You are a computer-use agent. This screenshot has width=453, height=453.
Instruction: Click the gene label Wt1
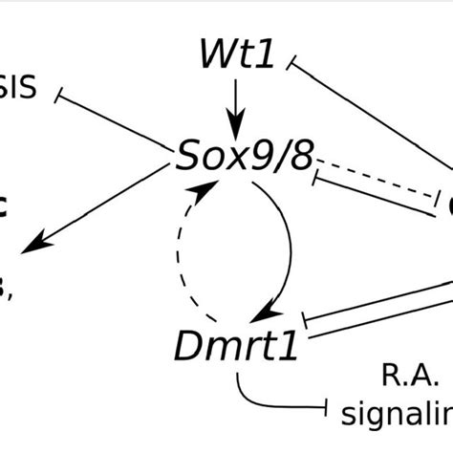coord(237,55)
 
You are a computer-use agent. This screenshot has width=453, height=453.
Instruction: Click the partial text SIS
coord(17,92)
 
